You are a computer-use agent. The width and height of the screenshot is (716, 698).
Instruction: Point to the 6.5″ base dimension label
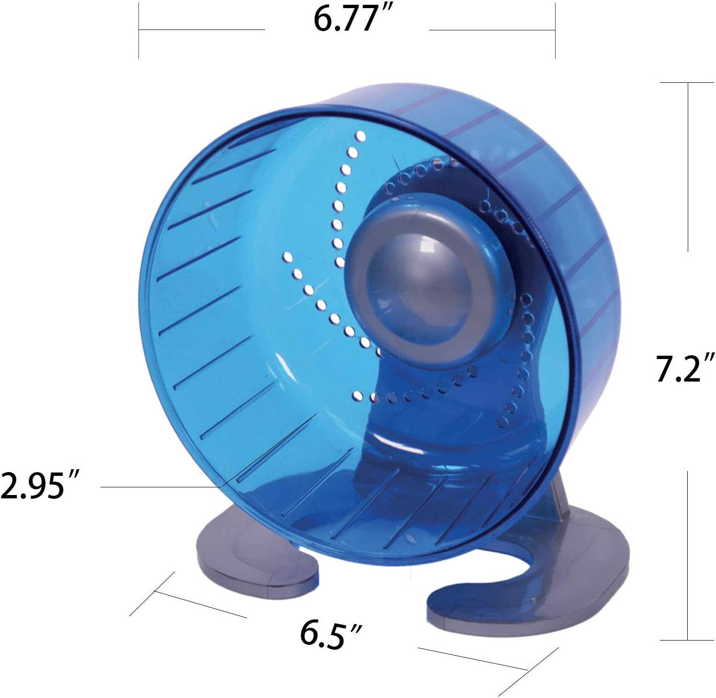tap(330, 633)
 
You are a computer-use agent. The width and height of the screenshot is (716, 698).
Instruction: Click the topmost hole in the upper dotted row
tap(361, 137)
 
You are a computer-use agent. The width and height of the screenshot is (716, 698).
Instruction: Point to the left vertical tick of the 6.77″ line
tap(139, 30)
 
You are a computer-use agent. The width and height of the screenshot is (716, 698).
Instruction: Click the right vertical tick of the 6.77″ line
tap(555, 30)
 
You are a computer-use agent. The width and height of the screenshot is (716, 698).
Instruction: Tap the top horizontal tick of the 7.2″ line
tap(687, 83)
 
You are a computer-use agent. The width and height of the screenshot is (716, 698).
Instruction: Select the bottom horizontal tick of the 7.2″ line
tap(687, 640)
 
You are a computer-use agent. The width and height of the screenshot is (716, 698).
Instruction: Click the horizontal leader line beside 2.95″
tap(158, 487)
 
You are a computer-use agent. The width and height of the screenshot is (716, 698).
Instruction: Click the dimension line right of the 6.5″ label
tap(472, 658)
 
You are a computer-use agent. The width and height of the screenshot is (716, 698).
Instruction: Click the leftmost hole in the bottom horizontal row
tap(357, 395)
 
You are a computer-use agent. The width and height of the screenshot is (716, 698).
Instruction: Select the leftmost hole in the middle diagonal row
tap(287, 258)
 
